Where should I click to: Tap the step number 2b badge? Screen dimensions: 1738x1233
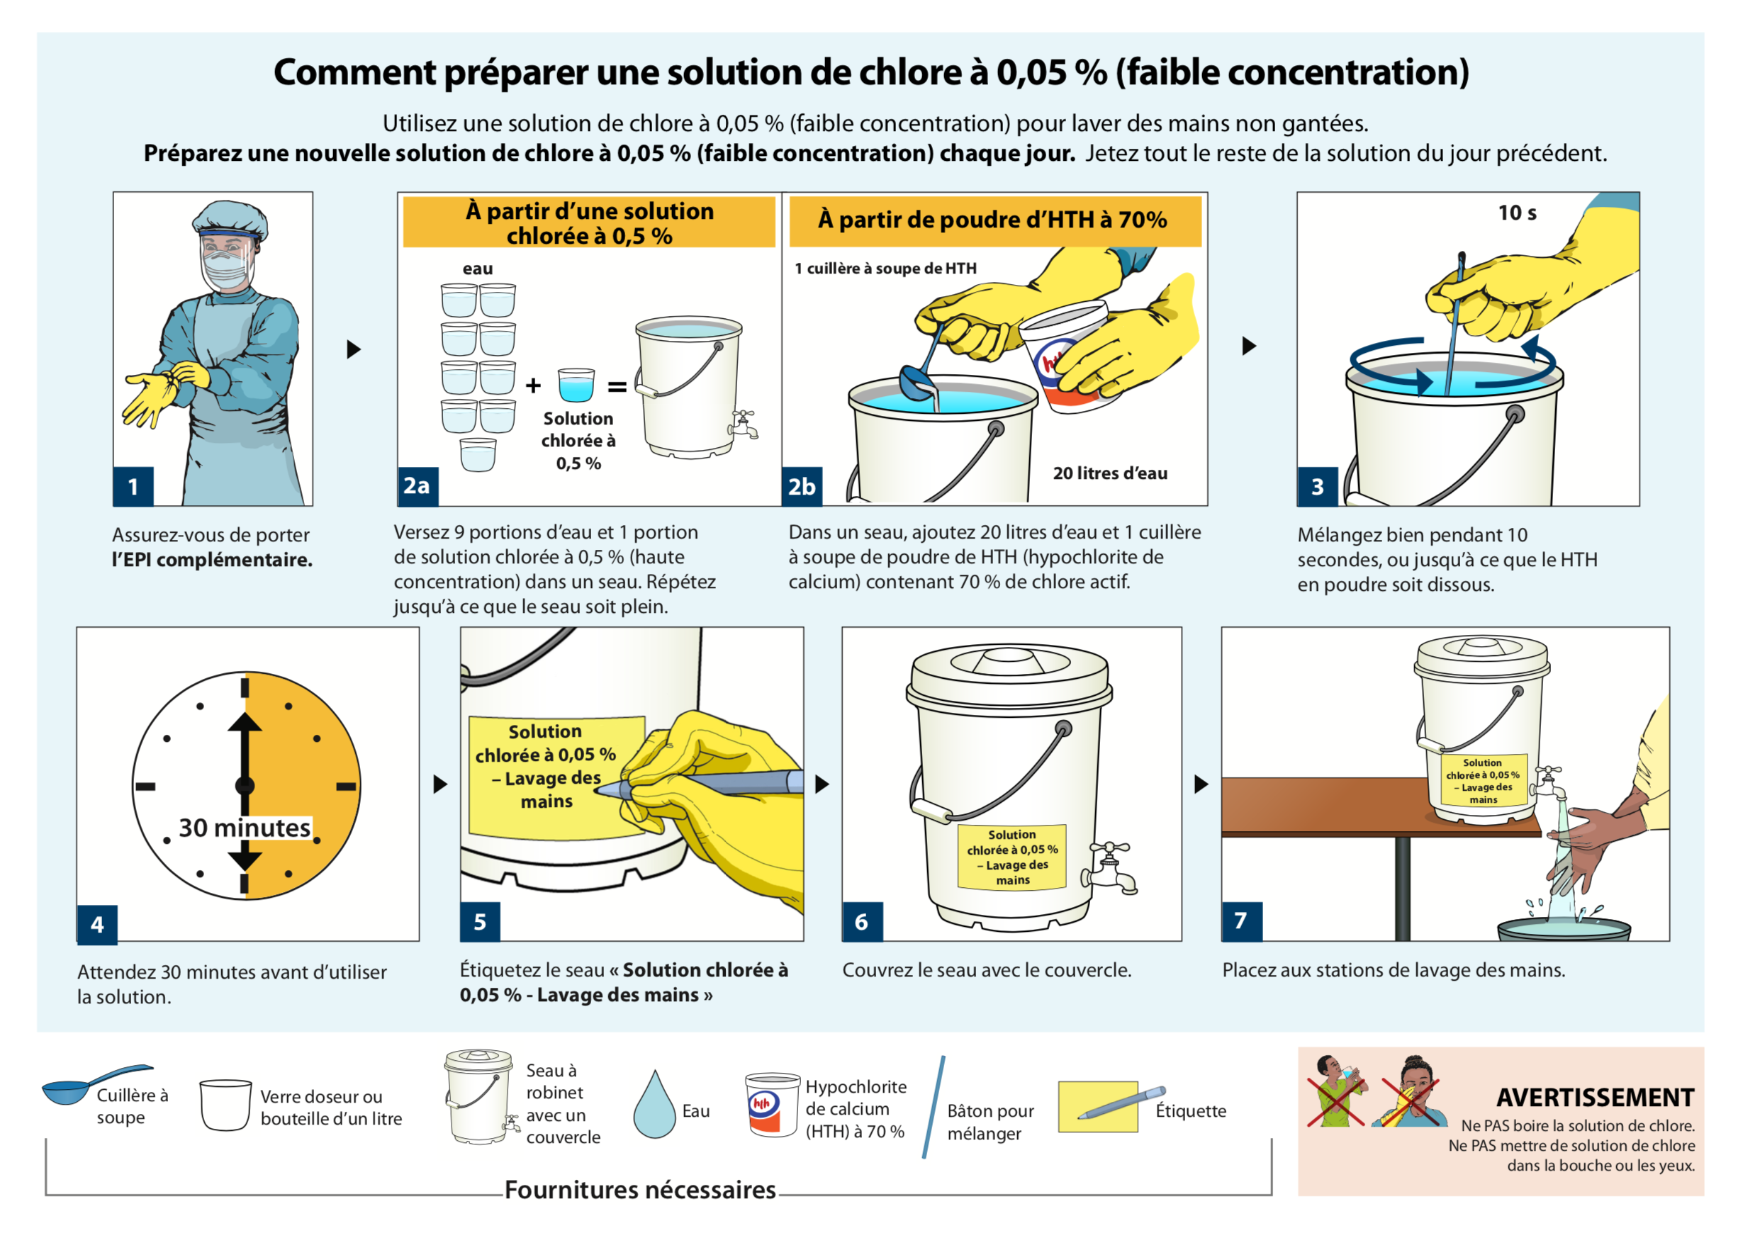802,487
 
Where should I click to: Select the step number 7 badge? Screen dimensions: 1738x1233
1241,921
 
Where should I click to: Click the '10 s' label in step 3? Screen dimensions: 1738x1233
1516,213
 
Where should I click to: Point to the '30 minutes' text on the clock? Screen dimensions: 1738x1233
245,827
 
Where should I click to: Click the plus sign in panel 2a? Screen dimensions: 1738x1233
533,385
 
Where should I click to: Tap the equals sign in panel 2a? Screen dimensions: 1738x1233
617,387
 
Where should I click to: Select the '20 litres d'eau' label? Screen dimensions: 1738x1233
1110,473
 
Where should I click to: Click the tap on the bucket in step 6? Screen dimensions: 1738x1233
1110,867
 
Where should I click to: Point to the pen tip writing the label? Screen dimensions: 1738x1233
597,790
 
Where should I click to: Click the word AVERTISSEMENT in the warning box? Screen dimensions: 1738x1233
1596,1097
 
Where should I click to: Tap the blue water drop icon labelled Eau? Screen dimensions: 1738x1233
654,1105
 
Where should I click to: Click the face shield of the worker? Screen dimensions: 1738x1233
225,262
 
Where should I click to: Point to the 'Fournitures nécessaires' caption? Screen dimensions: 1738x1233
639,1190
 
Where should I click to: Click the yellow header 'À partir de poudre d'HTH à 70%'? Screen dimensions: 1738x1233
994,220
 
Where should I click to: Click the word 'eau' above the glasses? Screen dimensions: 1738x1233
478,269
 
